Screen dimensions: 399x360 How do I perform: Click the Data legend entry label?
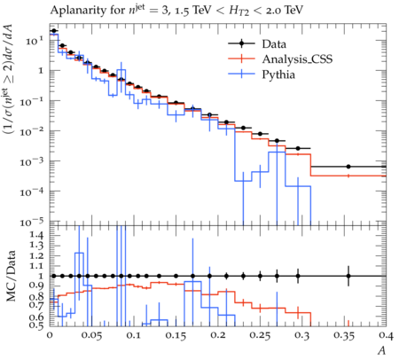(274, 44)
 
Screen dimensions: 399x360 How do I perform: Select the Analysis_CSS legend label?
(297, 59)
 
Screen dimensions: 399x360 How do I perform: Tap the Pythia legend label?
(278, 74)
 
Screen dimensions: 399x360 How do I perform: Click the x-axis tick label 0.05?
(91, 336)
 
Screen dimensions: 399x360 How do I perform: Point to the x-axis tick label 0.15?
(176, 336)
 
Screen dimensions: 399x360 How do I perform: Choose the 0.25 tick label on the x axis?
(260, 336)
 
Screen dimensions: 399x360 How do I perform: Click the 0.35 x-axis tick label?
(344, 336)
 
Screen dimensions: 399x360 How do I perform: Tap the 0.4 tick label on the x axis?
(386, 336)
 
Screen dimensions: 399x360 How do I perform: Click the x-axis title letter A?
(382, 350)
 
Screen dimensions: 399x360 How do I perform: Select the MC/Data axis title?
(11, 276)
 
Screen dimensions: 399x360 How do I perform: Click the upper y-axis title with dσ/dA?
(10, 83)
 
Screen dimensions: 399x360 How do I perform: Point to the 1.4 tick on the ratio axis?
(37, 236)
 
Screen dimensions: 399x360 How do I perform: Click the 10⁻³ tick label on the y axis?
(32, 161)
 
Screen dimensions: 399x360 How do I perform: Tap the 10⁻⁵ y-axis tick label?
(32, 222)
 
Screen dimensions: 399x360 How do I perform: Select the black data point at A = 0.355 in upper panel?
(348, 167)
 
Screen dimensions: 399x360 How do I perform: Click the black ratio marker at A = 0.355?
(348, 276)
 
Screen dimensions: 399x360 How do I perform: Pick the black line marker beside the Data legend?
(241, 43)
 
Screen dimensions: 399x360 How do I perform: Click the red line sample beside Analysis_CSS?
(241, 59)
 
